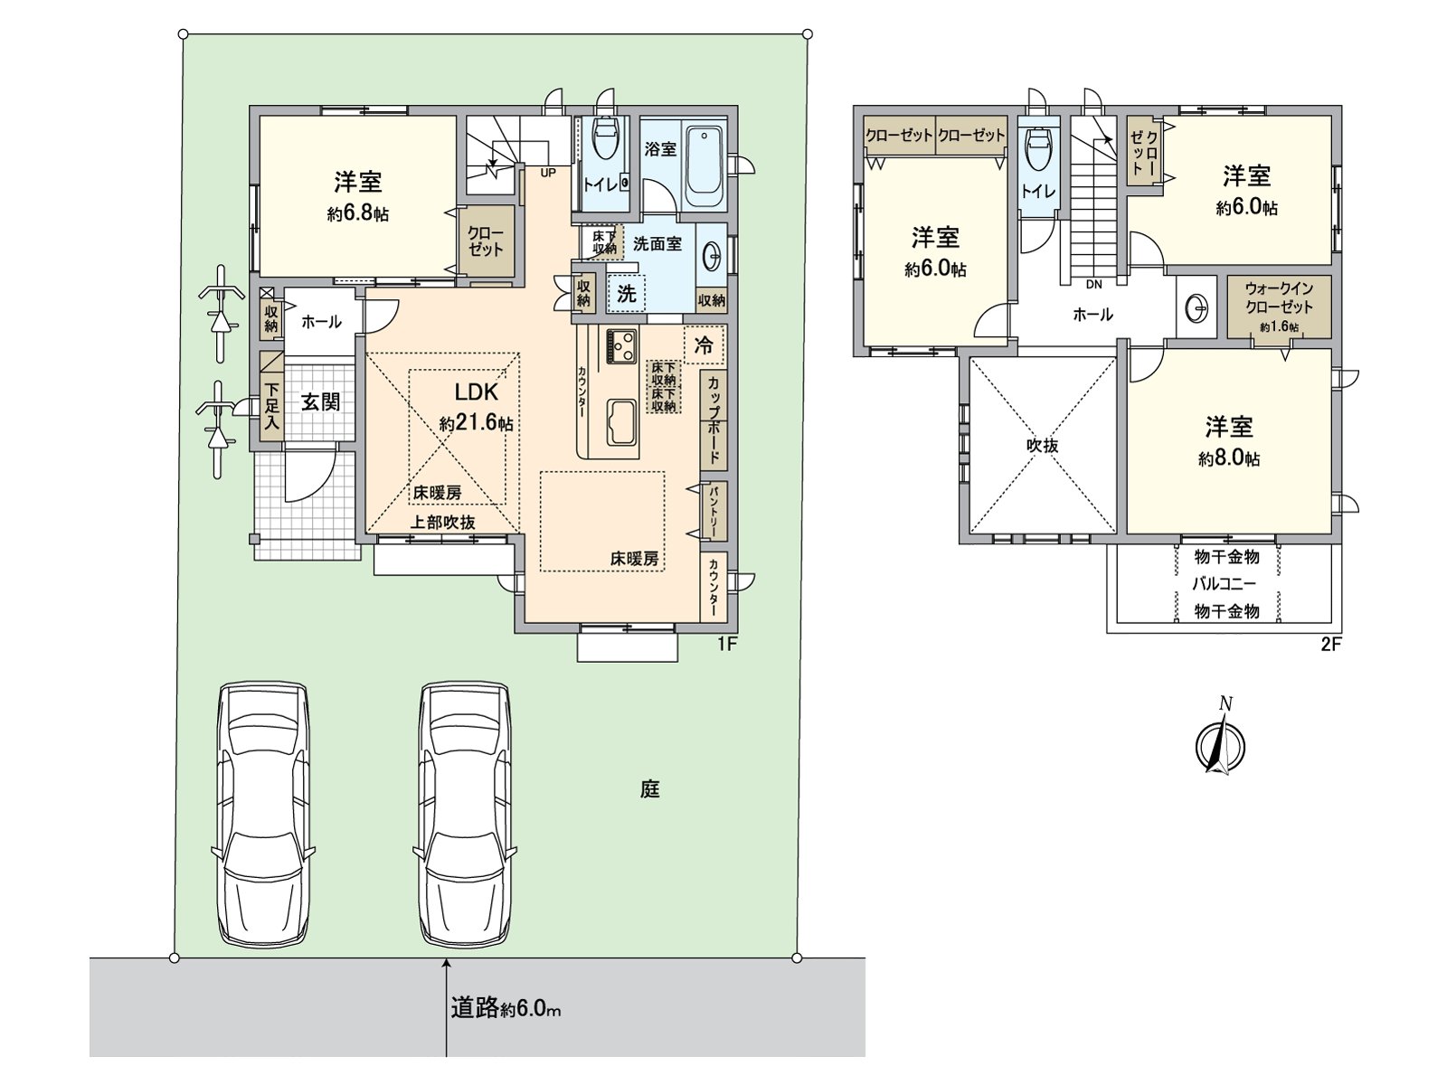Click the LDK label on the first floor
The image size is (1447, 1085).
click(x=476, y=392)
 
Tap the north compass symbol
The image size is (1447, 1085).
click(x=1221, y=742)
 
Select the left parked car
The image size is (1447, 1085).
click(x=263, y=815)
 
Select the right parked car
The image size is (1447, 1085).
click(x=464, y=815)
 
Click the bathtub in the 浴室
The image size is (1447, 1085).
click(x=705, y=166)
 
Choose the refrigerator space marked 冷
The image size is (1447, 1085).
click(x=704, y=344)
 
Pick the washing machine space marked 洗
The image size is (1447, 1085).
click(x=626, y=293)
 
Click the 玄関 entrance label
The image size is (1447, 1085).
click(x=320, y=401)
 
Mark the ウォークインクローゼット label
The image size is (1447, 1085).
click(x=1279, y=297)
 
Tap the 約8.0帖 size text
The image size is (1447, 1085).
click(x=1229, y=458)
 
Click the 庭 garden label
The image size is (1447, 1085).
click(x=650, y=789)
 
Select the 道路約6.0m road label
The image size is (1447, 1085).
click(x=506, y=1008)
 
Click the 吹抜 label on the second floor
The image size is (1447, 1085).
click(x=1042, y=446)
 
